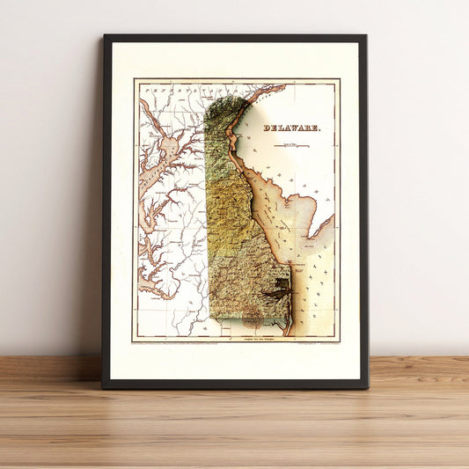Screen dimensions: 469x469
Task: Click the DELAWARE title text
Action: [292, 128]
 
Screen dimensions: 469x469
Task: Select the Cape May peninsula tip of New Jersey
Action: [311, 238]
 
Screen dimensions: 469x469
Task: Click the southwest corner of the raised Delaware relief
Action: [209, 316]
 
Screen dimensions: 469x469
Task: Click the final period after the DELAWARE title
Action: [320, 129]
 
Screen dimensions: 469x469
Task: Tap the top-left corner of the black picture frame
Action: [104, 36]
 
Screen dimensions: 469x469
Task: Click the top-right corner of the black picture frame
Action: [365, 36]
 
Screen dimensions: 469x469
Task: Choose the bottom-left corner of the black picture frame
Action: [103, 387]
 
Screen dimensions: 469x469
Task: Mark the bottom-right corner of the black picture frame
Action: [367, 387]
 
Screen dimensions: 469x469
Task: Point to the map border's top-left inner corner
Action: [135, 81]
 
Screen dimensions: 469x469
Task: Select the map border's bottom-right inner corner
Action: [339, 341]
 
